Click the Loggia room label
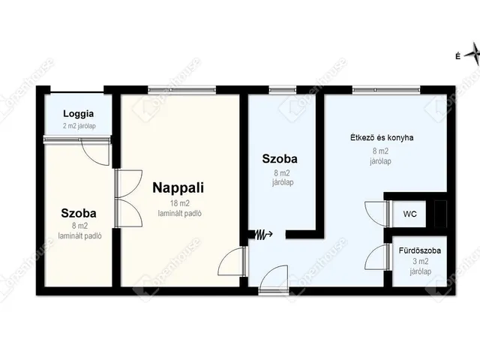(x=78, y=114)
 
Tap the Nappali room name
(x=178, y=187)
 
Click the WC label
(x=409, y=214)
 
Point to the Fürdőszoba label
(x=420, y=250)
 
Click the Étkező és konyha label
(x=382, y=138)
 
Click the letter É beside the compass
(x=458, y=56)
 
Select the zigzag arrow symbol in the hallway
(x=260, y=235)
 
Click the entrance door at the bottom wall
(x=273, y=278)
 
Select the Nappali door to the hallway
(x=232, y=261)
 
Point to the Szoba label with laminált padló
(x=79, y=213)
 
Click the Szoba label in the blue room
(x=280, y=159)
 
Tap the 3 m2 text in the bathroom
(x=420, y=262)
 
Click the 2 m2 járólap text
(x=79, y=126)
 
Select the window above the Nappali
(x=181, y=90)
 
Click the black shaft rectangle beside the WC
(x=440, y=214)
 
